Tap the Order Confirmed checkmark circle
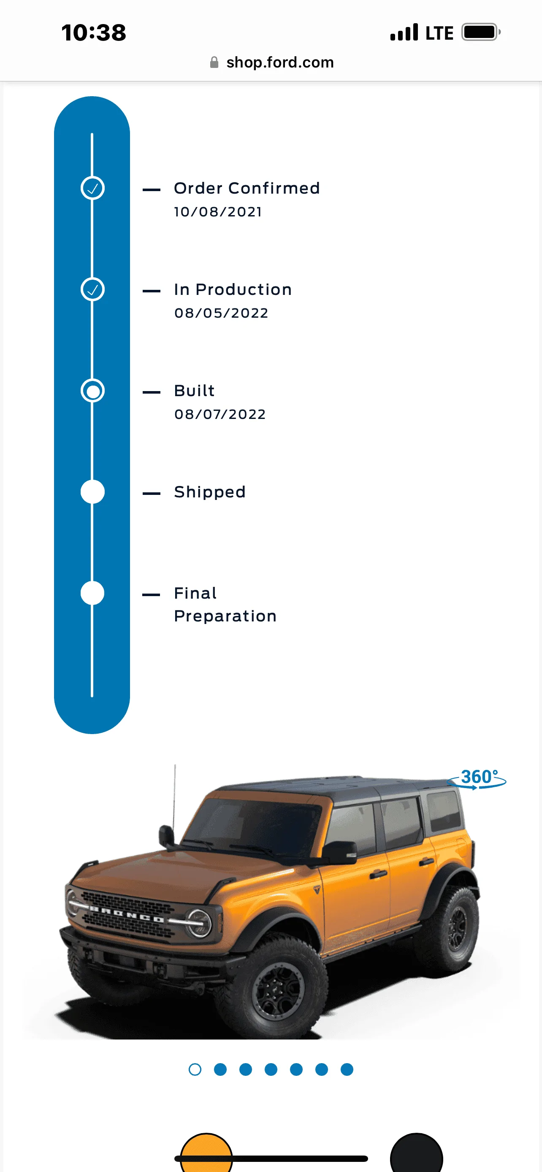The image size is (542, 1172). tap(92, 188)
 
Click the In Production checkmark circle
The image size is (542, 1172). tap(92, 289)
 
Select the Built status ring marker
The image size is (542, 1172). tap(92, 391)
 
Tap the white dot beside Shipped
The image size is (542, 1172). tap(92, 492)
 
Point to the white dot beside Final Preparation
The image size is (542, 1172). tap(92, 593)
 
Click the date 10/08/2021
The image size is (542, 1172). tap(218, 212)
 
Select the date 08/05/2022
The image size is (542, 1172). tap(221, 313)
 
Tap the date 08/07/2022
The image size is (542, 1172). tap(220, 414)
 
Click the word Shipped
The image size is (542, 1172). tap(210, 492)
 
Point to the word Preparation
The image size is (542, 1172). tap(225, 616)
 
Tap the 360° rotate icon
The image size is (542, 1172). tap(477, 778)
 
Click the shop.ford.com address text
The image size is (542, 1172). tap(280, 62)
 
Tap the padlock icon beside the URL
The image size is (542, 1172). tap(214, 62)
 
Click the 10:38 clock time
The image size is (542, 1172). tap(94, 33)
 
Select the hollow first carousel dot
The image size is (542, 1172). tap(195, 1069)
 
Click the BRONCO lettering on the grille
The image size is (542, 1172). tap(127, 915)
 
